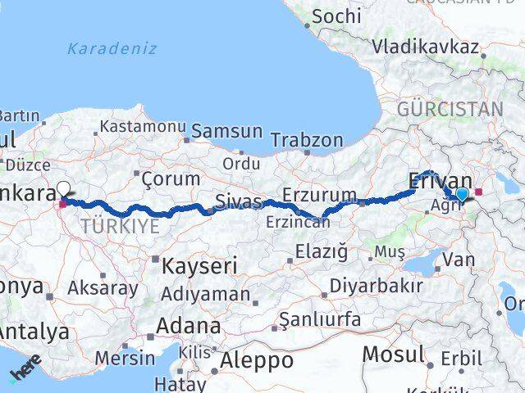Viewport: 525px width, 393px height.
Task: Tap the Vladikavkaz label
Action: tap(425, 47)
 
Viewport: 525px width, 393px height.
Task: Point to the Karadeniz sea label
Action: tap(112, 48)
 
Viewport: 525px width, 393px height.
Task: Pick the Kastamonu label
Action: tap(143, 127)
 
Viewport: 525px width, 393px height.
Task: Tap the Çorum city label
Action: tap(171, 178)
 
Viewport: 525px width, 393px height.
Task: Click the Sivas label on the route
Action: tap(239, 201)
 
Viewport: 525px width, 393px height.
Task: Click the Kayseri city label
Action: tap(199, 266)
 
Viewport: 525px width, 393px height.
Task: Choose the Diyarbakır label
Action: tap(376, 286)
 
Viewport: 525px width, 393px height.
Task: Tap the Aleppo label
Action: tap(258, 360)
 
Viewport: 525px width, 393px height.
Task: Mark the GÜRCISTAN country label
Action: tap(450, 109)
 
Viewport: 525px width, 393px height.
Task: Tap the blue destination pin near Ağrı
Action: tap(463, 194)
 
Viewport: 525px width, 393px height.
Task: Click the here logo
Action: tap(25, 373)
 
